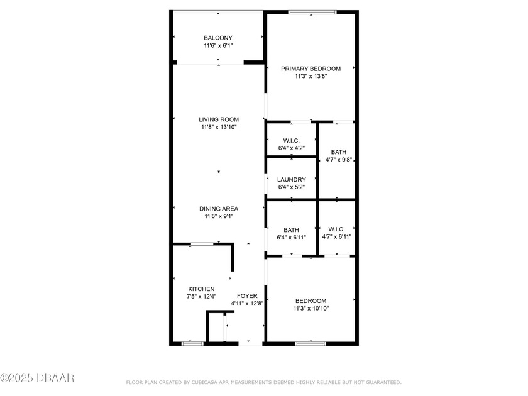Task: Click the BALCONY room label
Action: [x=218, y=38]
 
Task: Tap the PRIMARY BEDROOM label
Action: [x=311, y=69]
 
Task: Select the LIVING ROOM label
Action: [x=219, y=119]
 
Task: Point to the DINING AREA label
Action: [x=219, y=209]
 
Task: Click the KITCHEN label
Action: [x=201, y=289]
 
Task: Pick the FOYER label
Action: [x=247, y=296]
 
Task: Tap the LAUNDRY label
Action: [x=292, y=180]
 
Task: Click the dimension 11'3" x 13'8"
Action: [x=311, y=77]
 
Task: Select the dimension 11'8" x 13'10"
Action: [x=219, y=127]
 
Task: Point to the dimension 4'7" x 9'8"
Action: [x=338, y=160]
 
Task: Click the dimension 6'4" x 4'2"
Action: [x=292, y=148]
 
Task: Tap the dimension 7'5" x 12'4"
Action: [x=201, y=297]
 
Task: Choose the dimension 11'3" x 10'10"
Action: [x=311, y=309]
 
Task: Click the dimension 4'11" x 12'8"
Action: [x=247, y=304]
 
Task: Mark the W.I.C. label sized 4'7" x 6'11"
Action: [x=336, y=229]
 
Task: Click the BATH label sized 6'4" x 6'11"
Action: [x=291, y=230]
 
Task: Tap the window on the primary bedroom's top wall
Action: [x=312, y=13]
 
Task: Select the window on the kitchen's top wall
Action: [x=202, y=244]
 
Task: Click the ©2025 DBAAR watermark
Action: [x=37, y=378]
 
